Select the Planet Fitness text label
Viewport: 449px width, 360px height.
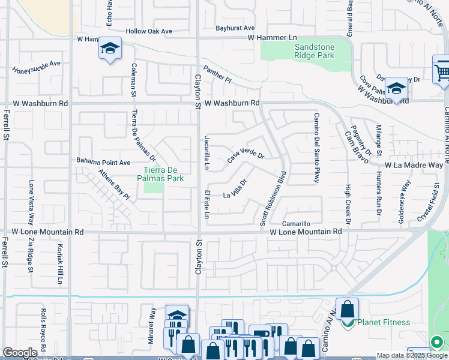[x=384, y=322]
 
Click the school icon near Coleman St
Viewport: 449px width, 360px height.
[x=110, y=49]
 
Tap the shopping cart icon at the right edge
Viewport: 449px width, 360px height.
[x=442, y=71]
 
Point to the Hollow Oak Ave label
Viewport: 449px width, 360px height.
[x=149, y=31]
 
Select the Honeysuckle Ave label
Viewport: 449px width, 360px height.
[x=37, y=67]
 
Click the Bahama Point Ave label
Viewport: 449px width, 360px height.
[x=103, y=162]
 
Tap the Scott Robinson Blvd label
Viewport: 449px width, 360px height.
[x=272, y=198]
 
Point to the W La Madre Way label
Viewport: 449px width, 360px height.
[x=414, y=164]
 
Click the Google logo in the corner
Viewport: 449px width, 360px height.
[x=20, y=353]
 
